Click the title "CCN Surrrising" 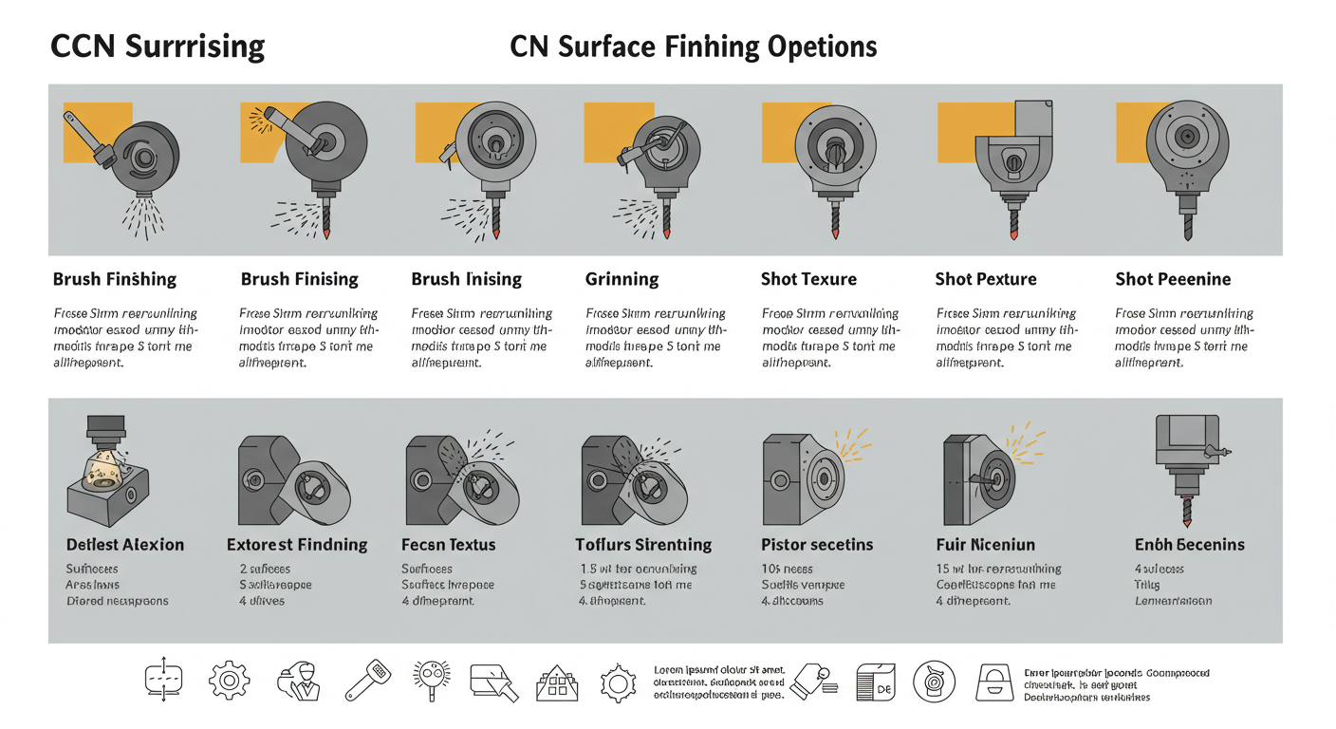click(x=157, y=47)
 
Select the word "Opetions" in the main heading click(x=822, y=47)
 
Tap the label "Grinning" click(x=622, y=279)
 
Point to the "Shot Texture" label click(x=808, y=279)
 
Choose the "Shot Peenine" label click(x=1173, y=279)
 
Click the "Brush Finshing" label click(x=115, y=279)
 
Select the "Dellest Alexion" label click(x=125, y=545)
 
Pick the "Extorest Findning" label click(x=297, y=545)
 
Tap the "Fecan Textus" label click(x=449, y=545)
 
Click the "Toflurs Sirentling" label click(x=643, y=545)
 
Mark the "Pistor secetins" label click(x=817, y=545)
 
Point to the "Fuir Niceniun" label click(x=985, y=545)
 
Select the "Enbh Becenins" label click(x=1189, y=545)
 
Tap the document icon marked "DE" click(x=875, y=682)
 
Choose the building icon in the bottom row click(x=557, y=682)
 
